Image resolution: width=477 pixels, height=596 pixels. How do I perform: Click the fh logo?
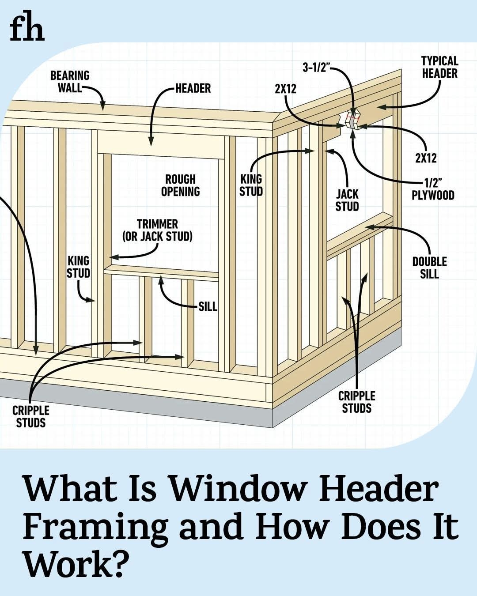(27, 29)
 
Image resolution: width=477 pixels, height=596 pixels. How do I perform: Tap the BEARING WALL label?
(70, 82)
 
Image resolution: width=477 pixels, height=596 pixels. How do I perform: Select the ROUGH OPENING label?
(180, 185)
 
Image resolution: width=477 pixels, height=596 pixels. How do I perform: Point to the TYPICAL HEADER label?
(439, 67)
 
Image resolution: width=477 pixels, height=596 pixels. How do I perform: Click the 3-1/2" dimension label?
(316, 68)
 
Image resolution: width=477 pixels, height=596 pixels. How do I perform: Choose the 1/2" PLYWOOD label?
(433, 189)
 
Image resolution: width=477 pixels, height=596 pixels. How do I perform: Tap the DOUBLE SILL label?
(429, 268)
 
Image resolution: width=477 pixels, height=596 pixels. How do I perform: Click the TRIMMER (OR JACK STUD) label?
(157, 230)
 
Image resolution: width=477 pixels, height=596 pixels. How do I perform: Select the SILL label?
(208, 306)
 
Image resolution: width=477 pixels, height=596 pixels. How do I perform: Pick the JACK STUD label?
(347, 200)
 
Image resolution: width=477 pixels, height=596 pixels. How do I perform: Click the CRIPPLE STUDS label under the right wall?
(356, 402)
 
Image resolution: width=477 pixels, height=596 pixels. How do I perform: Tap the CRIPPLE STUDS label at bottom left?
(31, 417)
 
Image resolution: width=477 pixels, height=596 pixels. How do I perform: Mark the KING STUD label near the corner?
(251, 185)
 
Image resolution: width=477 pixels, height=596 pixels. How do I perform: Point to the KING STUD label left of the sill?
(79, 267)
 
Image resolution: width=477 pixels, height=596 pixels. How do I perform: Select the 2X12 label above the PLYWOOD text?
(425, 158)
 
